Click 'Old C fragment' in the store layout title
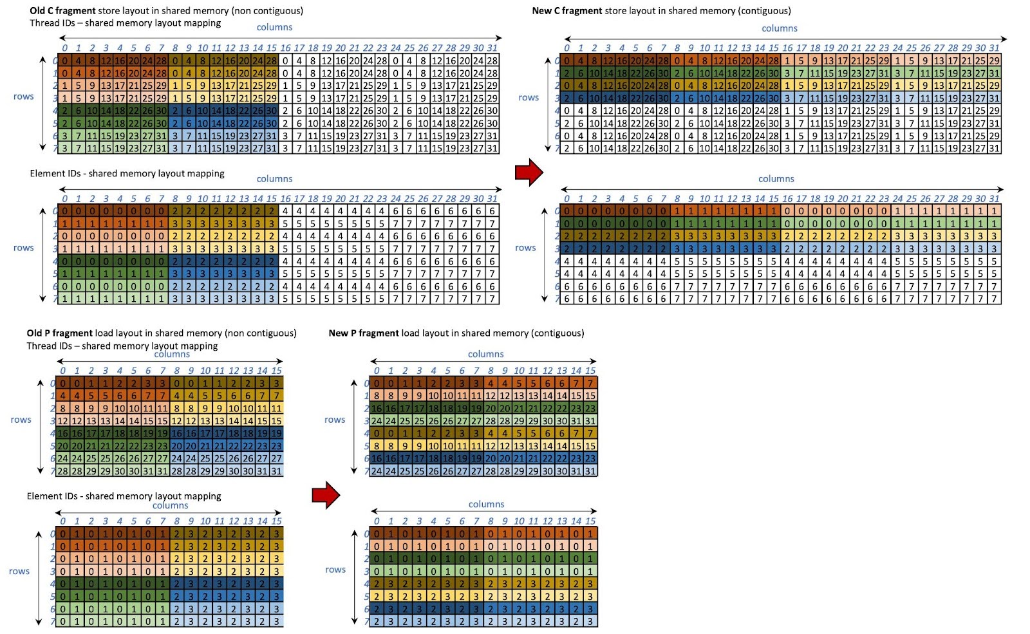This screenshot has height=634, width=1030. coord(62,10)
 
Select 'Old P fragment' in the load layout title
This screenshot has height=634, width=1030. coord(59,333)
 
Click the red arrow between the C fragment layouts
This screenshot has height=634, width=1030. coord(529,172)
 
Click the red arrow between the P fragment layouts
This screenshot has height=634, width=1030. coord(326,494)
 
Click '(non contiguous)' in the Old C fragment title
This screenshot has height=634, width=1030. coord(268,10)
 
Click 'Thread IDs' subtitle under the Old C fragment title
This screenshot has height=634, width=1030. coord(52,23)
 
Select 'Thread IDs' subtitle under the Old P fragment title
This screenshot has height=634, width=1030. coord(49,346)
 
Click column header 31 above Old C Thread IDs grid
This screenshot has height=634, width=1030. coord(492,48)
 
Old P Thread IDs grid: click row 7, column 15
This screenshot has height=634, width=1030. coord(276,471)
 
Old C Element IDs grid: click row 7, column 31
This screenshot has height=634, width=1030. coord(492,299)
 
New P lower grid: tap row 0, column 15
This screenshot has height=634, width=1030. coord(590,533)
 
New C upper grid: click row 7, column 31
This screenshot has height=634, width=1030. coord(995,148)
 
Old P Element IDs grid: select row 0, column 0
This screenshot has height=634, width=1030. coord(63,533)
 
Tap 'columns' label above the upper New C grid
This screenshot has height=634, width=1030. coord(779,28)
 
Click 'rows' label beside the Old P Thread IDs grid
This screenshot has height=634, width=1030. coord(21,420)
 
